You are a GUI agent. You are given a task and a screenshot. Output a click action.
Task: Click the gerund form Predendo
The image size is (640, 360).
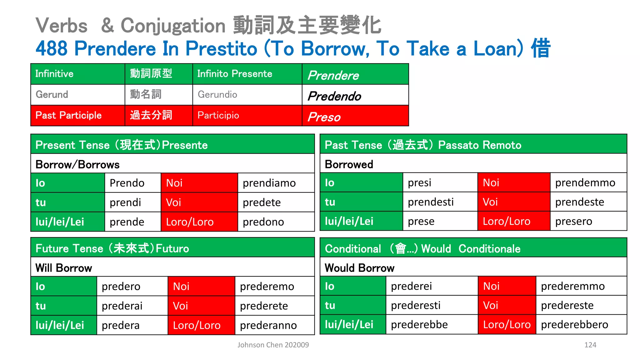(x=334, y=96)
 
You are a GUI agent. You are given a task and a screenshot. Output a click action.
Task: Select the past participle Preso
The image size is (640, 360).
(x=324, y=117)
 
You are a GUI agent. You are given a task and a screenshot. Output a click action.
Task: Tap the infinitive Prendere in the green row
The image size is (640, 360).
(x=333, y=75)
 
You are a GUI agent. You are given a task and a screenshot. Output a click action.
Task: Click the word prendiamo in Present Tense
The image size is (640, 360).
(x=269, y=183)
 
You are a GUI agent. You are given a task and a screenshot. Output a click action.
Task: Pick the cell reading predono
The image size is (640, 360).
(x=263, y=222)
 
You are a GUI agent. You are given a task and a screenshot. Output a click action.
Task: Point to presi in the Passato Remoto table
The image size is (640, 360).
(x=419, y=182)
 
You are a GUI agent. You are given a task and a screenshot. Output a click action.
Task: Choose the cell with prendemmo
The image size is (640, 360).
(x=585, y=182)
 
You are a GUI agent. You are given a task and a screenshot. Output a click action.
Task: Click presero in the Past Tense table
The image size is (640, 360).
(x=573, y=221)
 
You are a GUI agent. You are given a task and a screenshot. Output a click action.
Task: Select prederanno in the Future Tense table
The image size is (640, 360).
(x=268, y=325)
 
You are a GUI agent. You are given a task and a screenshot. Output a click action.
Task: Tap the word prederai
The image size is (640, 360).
(x=122, y=306)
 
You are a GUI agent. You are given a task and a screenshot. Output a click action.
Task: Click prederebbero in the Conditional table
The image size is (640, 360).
(x=574, y=324)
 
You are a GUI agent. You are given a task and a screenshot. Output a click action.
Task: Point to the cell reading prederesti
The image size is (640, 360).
(x=416, y=305)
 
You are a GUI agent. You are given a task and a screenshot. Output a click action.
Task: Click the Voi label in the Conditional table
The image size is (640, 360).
(x=490, y=305)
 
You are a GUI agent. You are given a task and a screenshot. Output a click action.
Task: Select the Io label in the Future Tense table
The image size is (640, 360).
(x=40, y=287)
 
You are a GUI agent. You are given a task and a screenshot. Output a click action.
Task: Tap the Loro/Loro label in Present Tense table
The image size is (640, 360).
(x=190, y=222)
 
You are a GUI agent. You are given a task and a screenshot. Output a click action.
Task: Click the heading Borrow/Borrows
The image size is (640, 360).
(x=77, y=164)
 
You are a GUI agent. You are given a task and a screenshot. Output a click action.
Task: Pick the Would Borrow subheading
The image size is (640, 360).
(x=359, y=268)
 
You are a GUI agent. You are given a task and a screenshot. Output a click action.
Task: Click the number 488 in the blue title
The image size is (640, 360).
(x=52, y=48)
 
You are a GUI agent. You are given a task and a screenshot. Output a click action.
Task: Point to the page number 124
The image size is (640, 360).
(x=590, y=345)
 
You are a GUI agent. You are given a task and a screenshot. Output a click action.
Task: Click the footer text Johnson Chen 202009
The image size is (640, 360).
(x=273, y=345)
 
